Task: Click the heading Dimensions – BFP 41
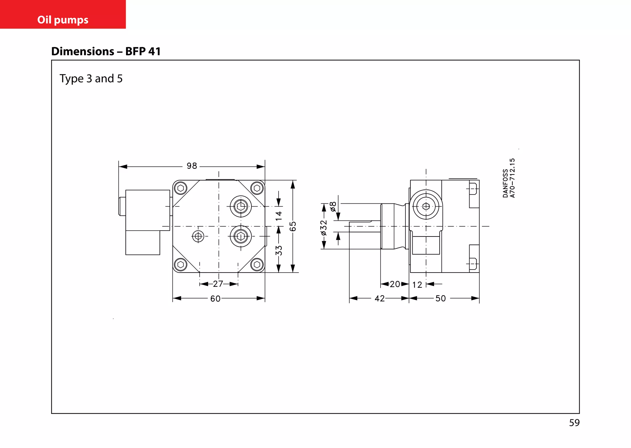coord(106,51)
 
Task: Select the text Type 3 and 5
coord(91,79)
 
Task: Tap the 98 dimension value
coord(192,166)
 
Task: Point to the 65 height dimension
coord(293,226)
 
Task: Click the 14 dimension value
coord(279,216)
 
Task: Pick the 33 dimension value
coord(279,250)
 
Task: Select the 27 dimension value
coord(218,284)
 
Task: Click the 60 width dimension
coord(215,298)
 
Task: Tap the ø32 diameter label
coord(324,228)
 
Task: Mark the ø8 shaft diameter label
coord(333,206)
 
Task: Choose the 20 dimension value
coord(395,284)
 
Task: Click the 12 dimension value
coord(417,285)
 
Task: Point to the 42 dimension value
coord(380,298)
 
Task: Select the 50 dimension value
coord(441,298)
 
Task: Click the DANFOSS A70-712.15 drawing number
coord(509,178)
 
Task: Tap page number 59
coord(574,423)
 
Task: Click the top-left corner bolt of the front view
coord(181,188)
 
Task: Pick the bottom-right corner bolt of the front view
coord(257,265)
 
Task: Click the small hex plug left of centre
coord(198,236)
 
